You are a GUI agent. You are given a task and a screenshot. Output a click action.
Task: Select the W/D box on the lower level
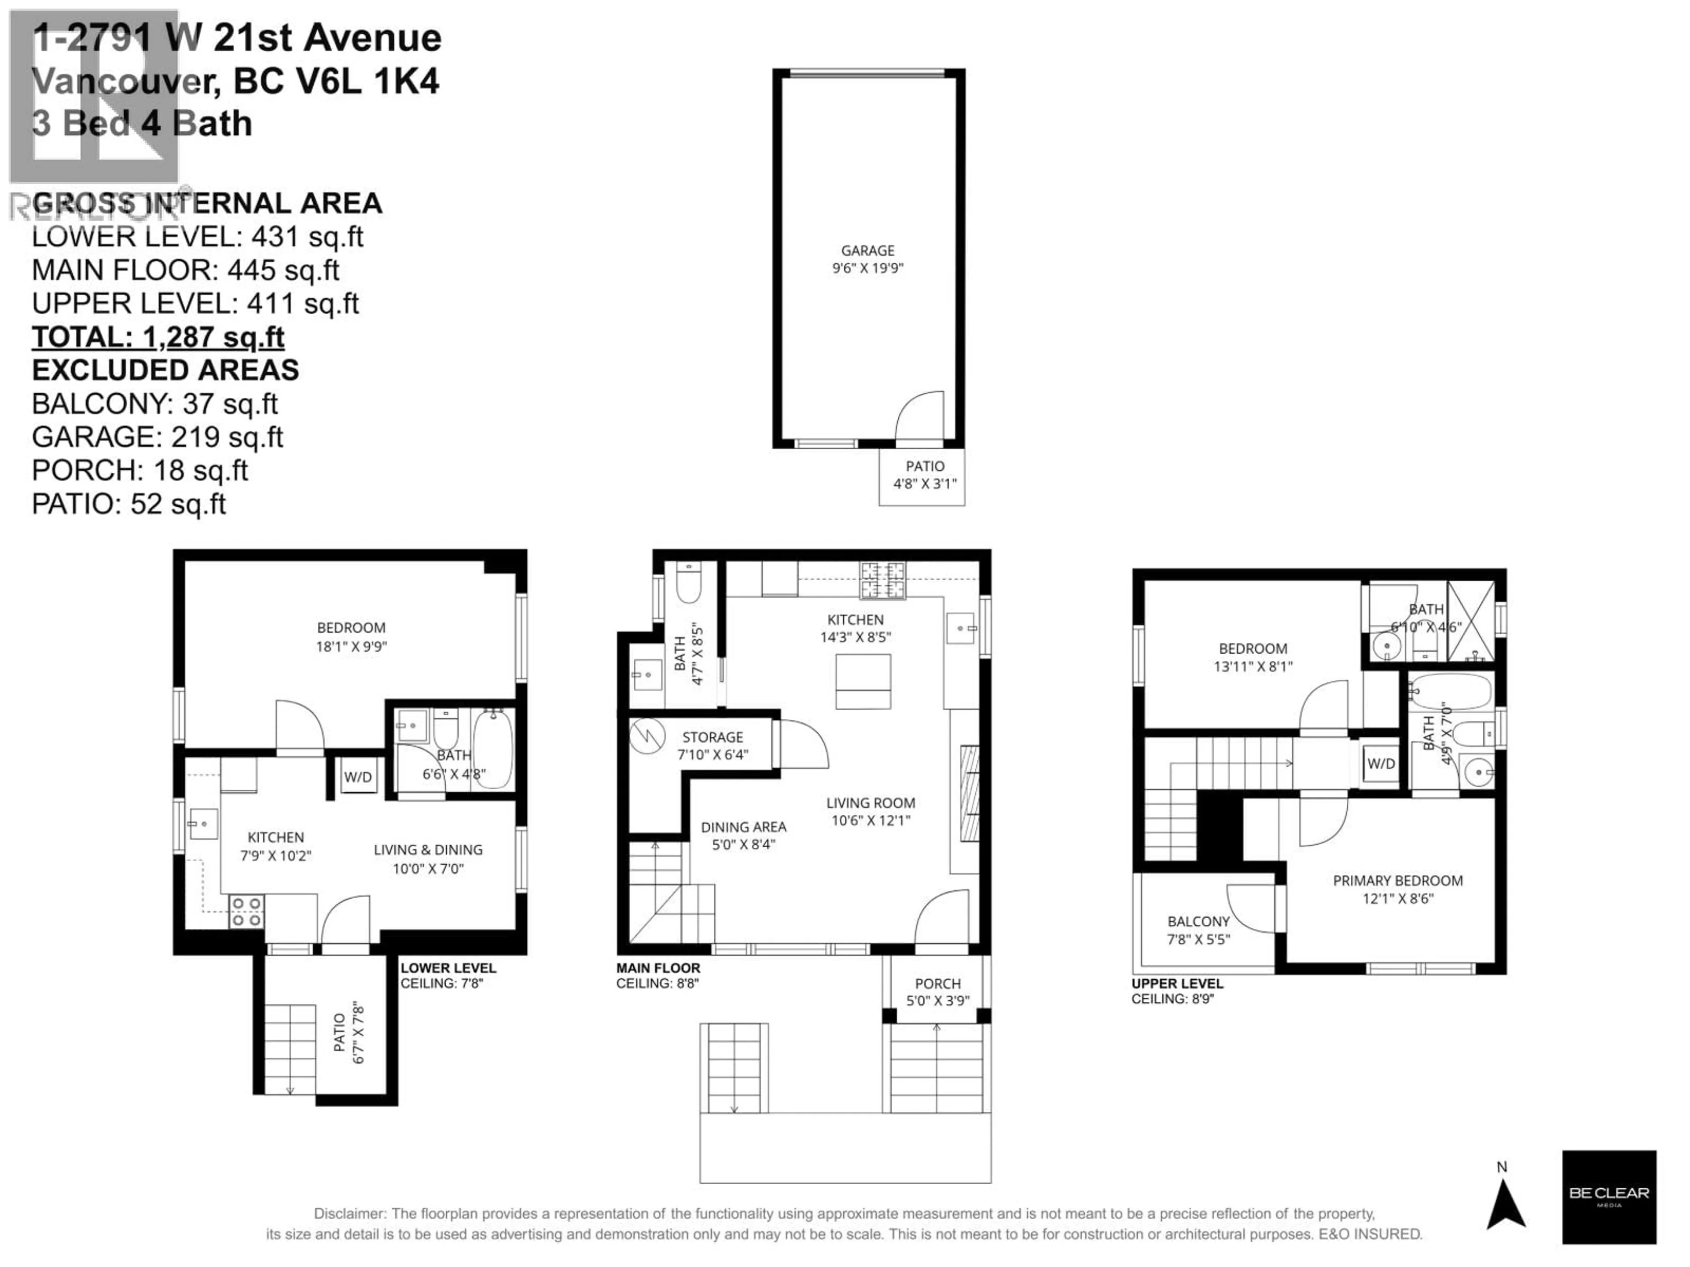(357, 776)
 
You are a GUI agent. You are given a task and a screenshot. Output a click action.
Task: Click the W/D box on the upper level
(1381, 763)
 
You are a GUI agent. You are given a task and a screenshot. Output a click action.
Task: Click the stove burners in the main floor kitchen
(882, 580)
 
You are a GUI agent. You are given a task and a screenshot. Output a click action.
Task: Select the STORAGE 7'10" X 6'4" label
(712, 745)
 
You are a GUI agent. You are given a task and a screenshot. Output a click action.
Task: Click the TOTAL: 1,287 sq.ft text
(158, 337)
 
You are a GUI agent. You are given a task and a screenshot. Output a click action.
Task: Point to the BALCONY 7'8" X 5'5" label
(1198, 930)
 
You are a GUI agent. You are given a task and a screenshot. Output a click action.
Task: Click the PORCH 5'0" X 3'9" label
(937, 991)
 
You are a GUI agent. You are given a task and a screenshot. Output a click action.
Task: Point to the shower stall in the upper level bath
(1471, 621)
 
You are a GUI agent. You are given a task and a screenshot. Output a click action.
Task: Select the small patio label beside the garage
(925, 474)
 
